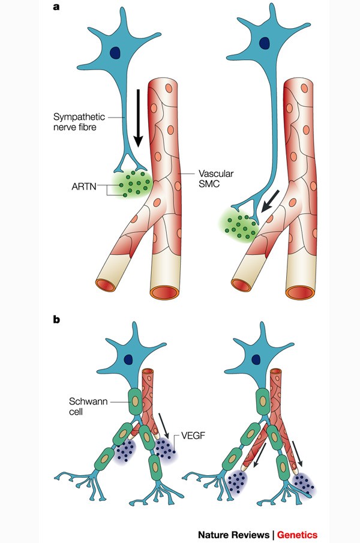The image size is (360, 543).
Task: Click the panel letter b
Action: click(x=56, y=319)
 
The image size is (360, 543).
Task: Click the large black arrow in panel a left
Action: click(x=139, y=116)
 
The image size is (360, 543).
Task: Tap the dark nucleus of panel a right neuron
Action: click(x=265, y=43)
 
